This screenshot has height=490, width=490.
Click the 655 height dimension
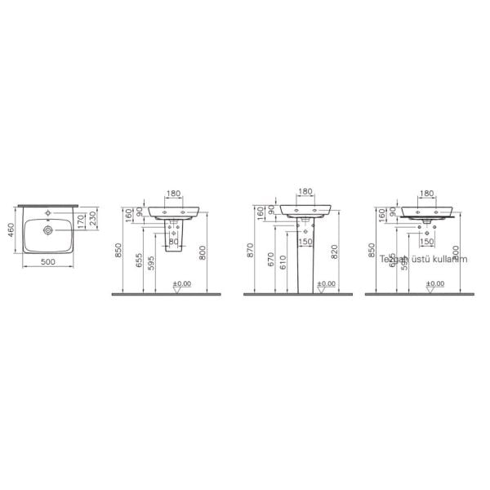[x=140, y=260]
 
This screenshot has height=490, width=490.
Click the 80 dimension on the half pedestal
[x=173, y=241]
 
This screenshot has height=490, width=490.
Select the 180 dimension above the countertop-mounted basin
[x=426, y=194]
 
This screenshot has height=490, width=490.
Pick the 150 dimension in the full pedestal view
[x=305, y=241]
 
